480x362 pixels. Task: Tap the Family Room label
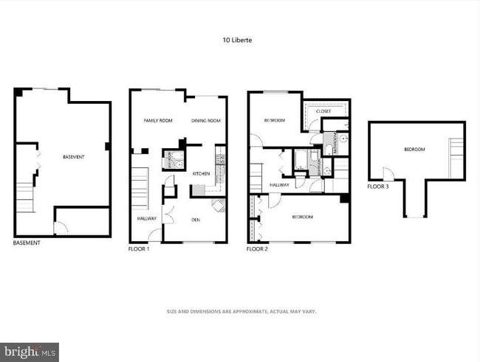pyautogui.click(x=157, y=120)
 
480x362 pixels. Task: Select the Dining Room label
pyautogui.click(x=206, y=120)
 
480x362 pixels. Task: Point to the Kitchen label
pyautogui.click(x=201, y=173)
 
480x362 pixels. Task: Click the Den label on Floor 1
pyautogui.click(x=195, y=220)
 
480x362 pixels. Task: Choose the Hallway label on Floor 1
pyautogui.click(x=146, y=218)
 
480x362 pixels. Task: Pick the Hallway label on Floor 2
pyautogui.click(x=278, y=185)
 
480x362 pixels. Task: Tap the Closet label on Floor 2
pyautogui.click(x=323, y=111)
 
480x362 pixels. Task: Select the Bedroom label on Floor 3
pyautogui.click(x=414, y=150)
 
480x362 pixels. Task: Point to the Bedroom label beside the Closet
pyautogui.click(x=274, y=120)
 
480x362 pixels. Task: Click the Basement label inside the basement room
pyautogui.click(x=73, y=157)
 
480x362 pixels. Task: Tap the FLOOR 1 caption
pyautogui.click(x=139, y=249)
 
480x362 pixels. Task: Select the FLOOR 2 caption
pyautogui.click(x=257, y=249)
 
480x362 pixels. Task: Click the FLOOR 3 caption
pyautogui.click(x=378, y=187)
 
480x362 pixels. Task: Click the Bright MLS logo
pyautogui.click(x=30, y=352)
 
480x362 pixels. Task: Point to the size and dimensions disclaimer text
pyautogui.click(x=241, y=311)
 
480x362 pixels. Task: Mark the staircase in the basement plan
pyautogui.click(x=25, y=196)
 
